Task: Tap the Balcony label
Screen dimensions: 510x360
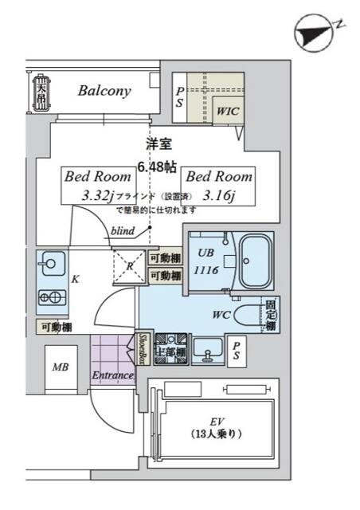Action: (x=104, y=91)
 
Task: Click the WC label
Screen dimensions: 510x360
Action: (x=222, y=313)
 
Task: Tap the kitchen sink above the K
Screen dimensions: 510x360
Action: (x=51, y=262)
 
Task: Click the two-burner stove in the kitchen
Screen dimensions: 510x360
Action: (x=51, y=297)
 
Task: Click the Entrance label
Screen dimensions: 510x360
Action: (x=112, y=375)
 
